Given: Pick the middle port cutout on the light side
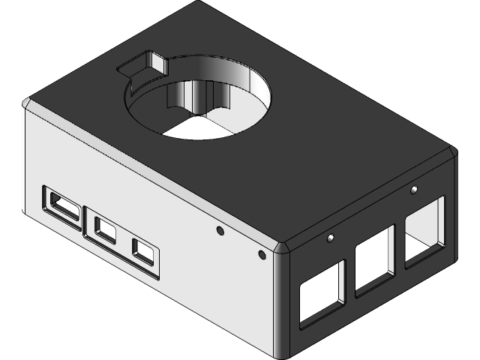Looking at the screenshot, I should coord(105,229).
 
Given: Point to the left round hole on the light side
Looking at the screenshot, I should coord(220,230).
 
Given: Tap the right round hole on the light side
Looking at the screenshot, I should coord(262,255).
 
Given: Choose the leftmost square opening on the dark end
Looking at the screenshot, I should coord(321,295).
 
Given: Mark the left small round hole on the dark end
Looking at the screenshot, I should coord(330,238).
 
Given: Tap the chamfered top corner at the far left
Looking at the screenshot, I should coord(28,103).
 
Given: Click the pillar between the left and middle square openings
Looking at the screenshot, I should coord(350,277).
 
